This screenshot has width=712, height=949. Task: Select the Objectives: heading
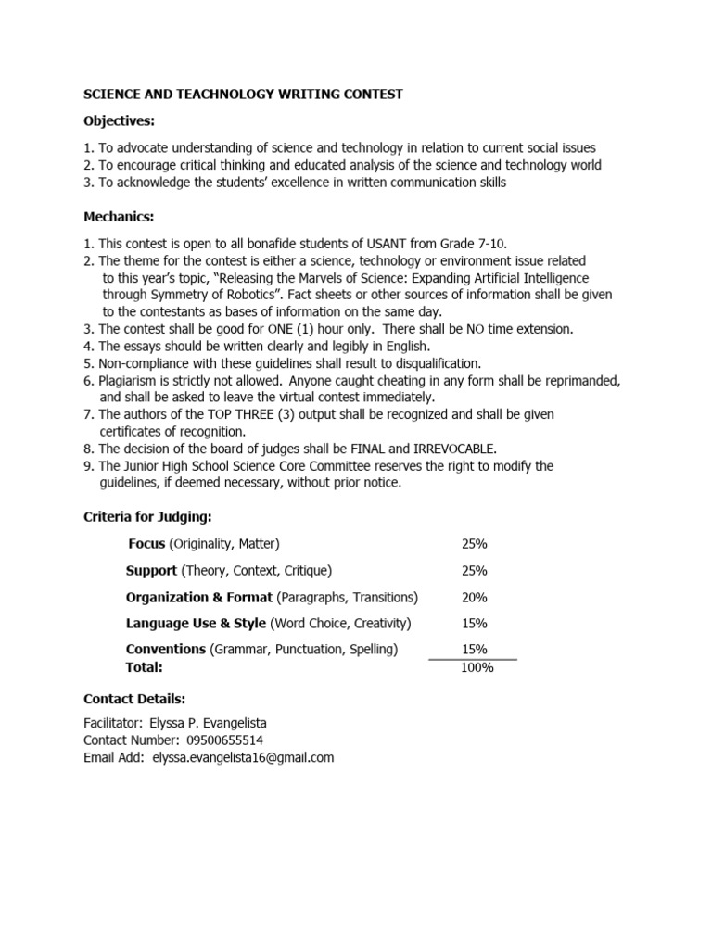(120, 121)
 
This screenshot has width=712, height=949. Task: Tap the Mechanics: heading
(119, 216)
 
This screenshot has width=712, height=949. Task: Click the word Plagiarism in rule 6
(129, 380)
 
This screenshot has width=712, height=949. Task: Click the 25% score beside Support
(474, 570)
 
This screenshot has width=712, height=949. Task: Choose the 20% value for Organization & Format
(474, 597)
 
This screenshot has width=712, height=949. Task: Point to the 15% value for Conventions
(474, 650)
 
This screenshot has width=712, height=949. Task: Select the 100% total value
(477, 666)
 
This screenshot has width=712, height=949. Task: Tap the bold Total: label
(144, 666)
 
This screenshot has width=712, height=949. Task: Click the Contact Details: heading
(134, 698)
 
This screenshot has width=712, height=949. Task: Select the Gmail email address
(243, 757)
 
